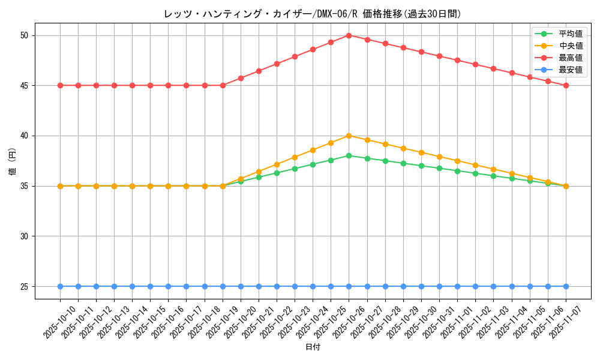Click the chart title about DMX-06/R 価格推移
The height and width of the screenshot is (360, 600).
(x=313, y=14)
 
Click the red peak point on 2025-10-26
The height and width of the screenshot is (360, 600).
(x=349, y=35)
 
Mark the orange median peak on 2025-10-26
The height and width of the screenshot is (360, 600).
(x=349, y=136)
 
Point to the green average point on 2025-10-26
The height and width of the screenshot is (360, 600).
(x=349, y=155)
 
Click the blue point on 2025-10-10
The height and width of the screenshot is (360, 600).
(x=60, y=286)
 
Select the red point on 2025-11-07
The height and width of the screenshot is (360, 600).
(x=566, y=85)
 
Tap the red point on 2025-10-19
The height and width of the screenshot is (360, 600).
(x=223, y=85)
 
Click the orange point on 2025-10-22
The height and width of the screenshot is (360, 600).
(x=277, y=164)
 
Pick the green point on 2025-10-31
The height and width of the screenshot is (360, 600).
(x=439, y=168)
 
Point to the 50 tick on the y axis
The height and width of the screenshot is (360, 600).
(x=25, y=35)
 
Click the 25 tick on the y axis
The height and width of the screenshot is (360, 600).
(x=25, y=286)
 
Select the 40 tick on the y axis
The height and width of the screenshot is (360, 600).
(x=25, y=136)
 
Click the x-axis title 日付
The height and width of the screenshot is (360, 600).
(x=313, y=347)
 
